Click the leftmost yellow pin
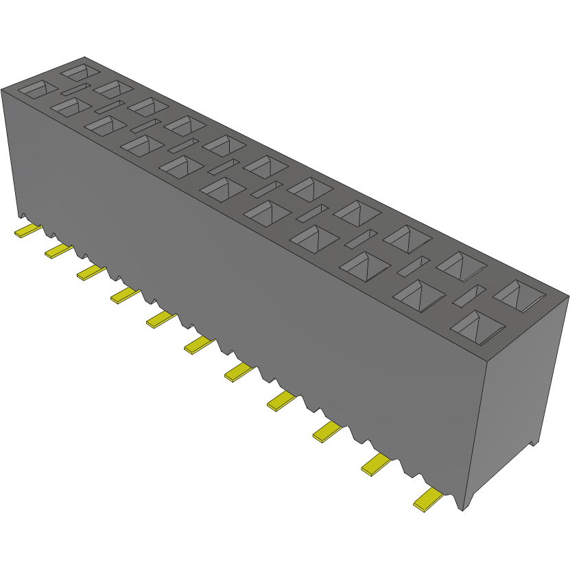coord(27,230)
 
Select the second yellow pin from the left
coord(58,251)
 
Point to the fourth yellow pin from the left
coord(126,295)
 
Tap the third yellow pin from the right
coord(329,431)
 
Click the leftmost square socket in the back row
coord(80,71)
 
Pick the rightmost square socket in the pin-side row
coord(477,326)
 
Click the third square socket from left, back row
coord(147,106)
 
